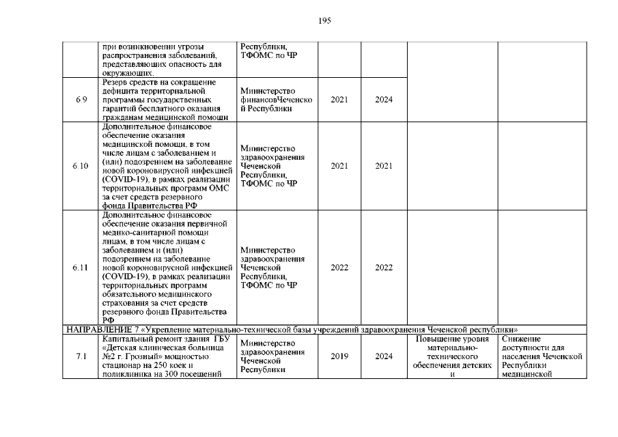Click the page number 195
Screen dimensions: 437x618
[x=324, y=21]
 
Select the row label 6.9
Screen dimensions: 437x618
[x=81, y=100]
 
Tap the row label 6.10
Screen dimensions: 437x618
[x=81, y=166]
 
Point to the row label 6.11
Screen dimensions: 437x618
[x=81, y=268]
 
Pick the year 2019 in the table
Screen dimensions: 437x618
[x=339, y=356]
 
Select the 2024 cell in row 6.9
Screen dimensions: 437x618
[x=384, y=100]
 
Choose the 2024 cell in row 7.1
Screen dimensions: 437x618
[x=384, y=356]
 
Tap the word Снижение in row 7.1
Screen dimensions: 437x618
[x=521, y=339]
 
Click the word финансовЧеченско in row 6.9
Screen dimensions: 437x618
[x=276, y=100]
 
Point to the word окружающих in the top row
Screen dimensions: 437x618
[x=127, y=72]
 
